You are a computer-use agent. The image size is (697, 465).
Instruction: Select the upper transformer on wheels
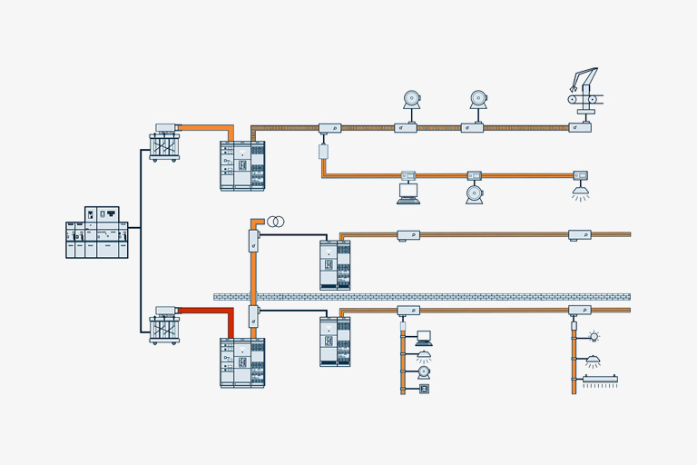click(x=164, y=146)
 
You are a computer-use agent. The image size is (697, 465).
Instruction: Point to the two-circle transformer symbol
click(x=276, y=222)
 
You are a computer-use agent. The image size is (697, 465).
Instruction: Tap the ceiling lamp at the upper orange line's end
click(x=580, y=192)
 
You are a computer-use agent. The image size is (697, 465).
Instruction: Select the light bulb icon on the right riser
click(x=594, y=336)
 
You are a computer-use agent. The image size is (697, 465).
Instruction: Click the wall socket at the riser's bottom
click(x=424, y=389)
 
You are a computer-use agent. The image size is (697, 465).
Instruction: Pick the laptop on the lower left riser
click(x=424, y=339)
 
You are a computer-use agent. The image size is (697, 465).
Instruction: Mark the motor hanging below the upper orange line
click(x=474, y=193)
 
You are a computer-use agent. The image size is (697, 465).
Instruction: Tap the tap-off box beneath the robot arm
click(x=580, y=128)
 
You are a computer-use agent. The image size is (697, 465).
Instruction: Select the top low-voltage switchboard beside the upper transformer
click(x=242, y=165)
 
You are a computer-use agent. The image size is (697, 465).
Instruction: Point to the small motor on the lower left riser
click(x=423, y=371)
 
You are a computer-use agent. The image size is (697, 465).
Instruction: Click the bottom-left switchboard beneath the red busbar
click(x=242, y=362)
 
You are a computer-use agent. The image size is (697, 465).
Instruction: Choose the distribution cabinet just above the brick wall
click(x=335, y=264)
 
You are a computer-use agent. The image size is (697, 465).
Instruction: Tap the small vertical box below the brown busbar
click(x=323, y=151)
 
